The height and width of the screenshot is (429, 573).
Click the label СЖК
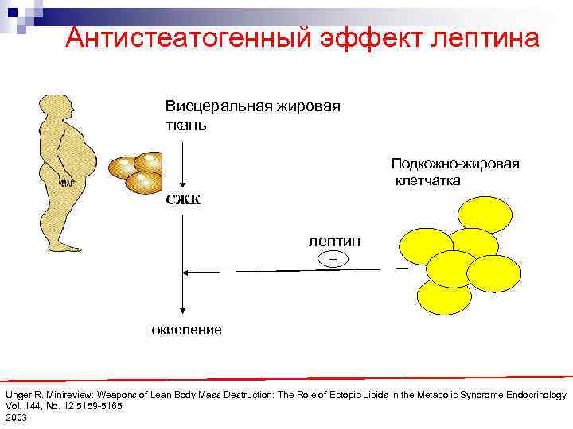[183, 199]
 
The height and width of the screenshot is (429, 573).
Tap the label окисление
[187, 329]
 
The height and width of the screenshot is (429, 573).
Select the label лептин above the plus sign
[334, 241]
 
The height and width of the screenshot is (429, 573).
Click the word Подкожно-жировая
[454, 164]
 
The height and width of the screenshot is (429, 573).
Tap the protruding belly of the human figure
[83, 159]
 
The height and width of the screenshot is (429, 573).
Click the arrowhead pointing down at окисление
[183, 314]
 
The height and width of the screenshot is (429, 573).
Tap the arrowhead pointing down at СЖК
[183, 184]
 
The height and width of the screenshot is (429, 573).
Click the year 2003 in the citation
[16, 417]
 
